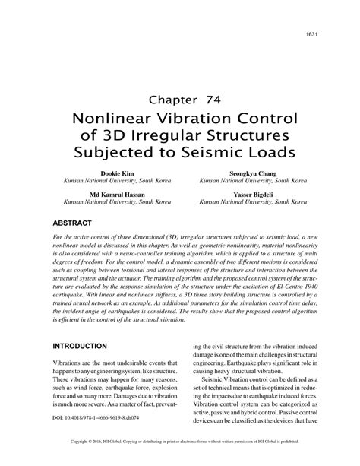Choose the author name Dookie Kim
pos(107,174)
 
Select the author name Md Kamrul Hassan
pos(107,195)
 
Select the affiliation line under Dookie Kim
pos(107,182)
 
